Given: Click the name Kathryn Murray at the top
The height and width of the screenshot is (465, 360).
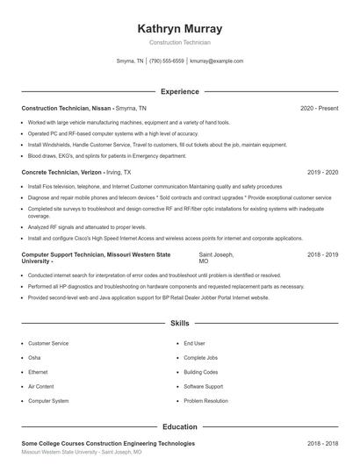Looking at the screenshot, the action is [179, 28].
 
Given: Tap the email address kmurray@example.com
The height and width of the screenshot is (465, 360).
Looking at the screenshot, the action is [216, 61].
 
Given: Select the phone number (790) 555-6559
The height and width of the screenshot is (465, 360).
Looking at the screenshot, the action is [167, 61].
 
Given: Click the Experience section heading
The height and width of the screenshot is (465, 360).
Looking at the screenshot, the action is [179, 91].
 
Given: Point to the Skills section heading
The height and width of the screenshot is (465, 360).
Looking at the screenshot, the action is [179, 324].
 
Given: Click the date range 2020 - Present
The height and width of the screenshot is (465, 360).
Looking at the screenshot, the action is [319, 108].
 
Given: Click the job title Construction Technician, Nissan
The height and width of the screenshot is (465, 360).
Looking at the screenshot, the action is [66, 108].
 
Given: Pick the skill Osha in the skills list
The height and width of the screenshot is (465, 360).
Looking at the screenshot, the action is [34, 358].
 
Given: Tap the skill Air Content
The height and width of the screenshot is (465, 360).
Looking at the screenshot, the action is [40, 386].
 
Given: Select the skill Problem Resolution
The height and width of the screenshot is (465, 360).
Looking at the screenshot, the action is [204, 400].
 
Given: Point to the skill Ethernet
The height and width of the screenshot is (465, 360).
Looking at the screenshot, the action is [39, 372].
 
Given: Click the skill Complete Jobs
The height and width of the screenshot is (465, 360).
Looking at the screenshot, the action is [200, 358].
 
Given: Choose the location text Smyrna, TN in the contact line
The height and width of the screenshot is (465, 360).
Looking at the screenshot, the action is [130, 61].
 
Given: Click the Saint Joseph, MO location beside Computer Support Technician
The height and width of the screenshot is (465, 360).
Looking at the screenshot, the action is [216, 257].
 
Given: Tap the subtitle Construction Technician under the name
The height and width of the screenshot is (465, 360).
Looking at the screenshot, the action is [179, 42].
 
